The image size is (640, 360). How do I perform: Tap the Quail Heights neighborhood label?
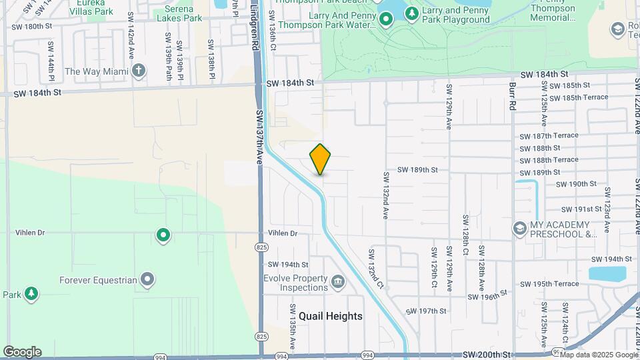pyautogui.click(x=331, y=316)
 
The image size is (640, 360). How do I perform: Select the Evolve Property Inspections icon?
pyautogui.click(x=338, y=283)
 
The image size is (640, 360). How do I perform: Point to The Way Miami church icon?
pyautogui.click(x=139, y=71)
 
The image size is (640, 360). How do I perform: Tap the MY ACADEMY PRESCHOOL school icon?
pyautogui.click(x=519, y=229)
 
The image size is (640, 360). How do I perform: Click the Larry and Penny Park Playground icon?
pyautogui.click(x=412, y=13)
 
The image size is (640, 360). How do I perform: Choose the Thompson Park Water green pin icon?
pyautogui.click(x=385, y=20)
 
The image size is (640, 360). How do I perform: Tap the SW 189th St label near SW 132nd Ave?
pyautogui.click(x=417, y=170)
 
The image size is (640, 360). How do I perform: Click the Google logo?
pyautogui.click(x=22, y=352)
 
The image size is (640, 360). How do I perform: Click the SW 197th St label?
pyautogui.click(x=425, y=311)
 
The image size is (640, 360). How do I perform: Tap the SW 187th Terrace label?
pyautogui.click(x=549, y=135)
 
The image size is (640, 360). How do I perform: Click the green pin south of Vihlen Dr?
pyautogui.click(x=163, y=235)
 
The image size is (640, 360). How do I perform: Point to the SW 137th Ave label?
pyautogui.click(x=260, y=138)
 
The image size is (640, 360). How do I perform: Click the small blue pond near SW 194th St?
pyautogui.click(x=607, y=274)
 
